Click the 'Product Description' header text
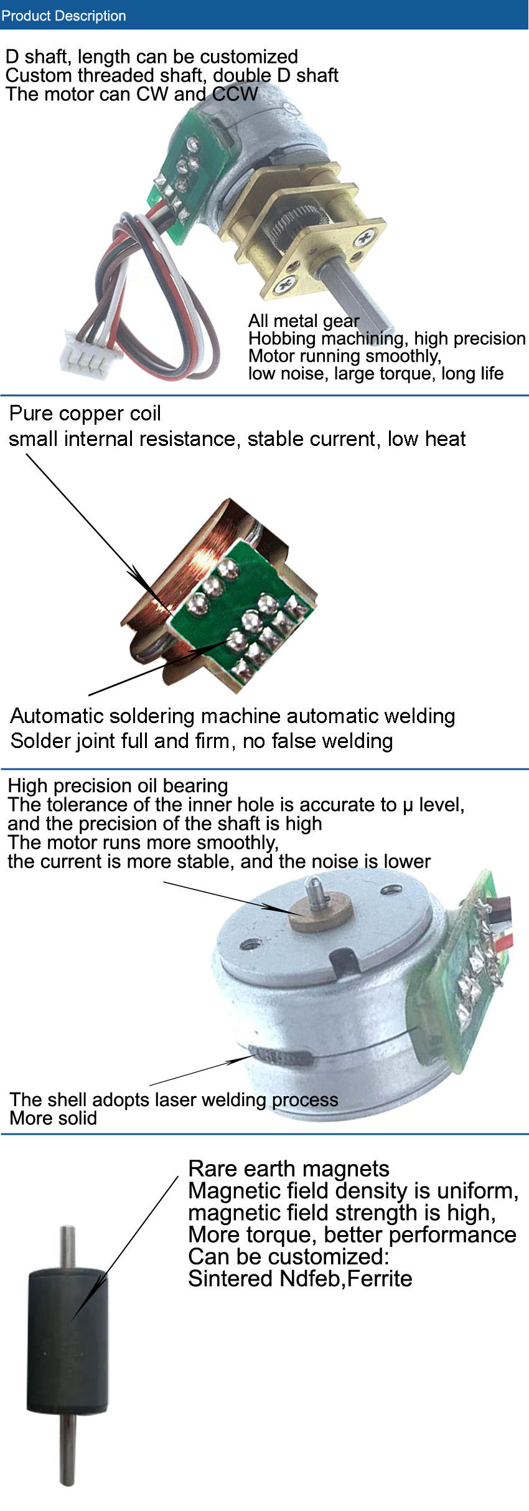point(63,16)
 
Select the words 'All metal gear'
point(304,321)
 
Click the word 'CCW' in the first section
point(235,94)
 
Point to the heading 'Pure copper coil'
point(85,414)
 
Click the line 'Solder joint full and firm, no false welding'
point(202,741)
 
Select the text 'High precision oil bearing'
point(118,785)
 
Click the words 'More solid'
point(54,1118)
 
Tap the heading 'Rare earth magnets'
point(289,1168)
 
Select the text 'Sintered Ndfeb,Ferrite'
point(300,1279)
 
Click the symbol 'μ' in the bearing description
point(408,805)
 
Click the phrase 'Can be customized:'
point(288,1256)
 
